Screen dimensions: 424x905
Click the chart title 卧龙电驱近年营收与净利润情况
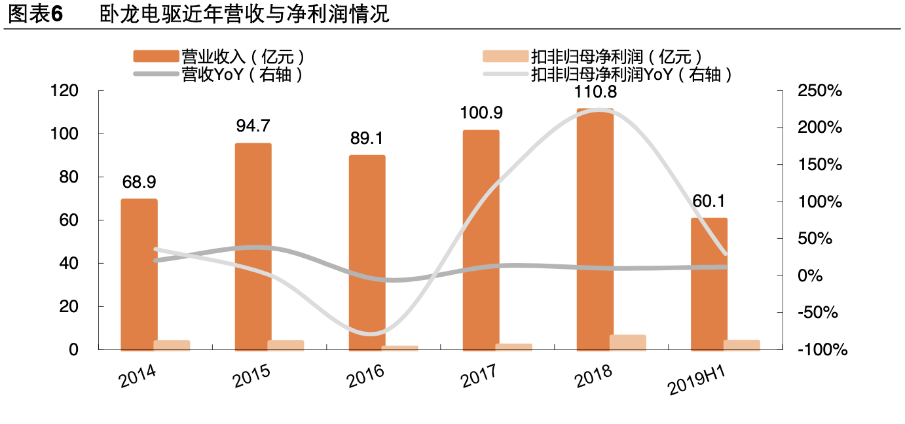click(x=244, y=14)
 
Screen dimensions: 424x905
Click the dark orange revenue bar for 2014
click(x=139, y=275)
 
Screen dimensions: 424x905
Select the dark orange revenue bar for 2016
click(x=367, y=253)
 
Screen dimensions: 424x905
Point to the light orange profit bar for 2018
click(x=627, y=342)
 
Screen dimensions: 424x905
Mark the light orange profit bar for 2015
click(x=286, y=345)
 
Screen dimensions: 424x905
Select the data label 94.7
click(x=253, y=126)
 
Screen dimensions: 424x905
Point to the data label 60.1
click(x=709, y=201)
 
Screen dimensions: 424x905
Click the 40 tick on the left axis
click(x=69, y=264)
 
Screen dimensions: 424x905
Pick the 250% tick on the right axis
click(x=819, y=91)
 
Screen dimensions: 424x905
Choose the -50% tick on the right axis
click(x=818, y=313)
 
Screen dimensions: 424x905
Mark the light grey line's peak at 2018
click(x=596, y=110)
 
